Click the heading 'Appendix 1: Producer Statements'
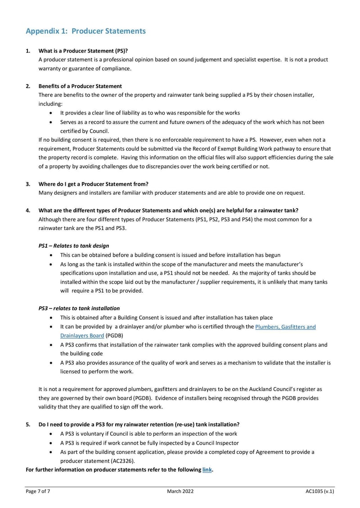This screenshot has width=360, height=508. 85,31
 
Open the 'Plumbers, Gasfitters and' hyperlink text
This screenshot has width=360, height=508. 285,327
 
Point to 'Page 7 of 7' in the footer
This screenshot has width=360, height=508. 38,492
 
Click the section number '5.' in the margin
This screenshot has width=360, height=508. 28,424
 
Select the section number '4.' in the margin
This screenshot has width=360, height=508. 28,210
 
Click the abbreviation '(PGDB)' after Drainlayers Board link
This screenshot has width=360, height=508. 115,335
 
